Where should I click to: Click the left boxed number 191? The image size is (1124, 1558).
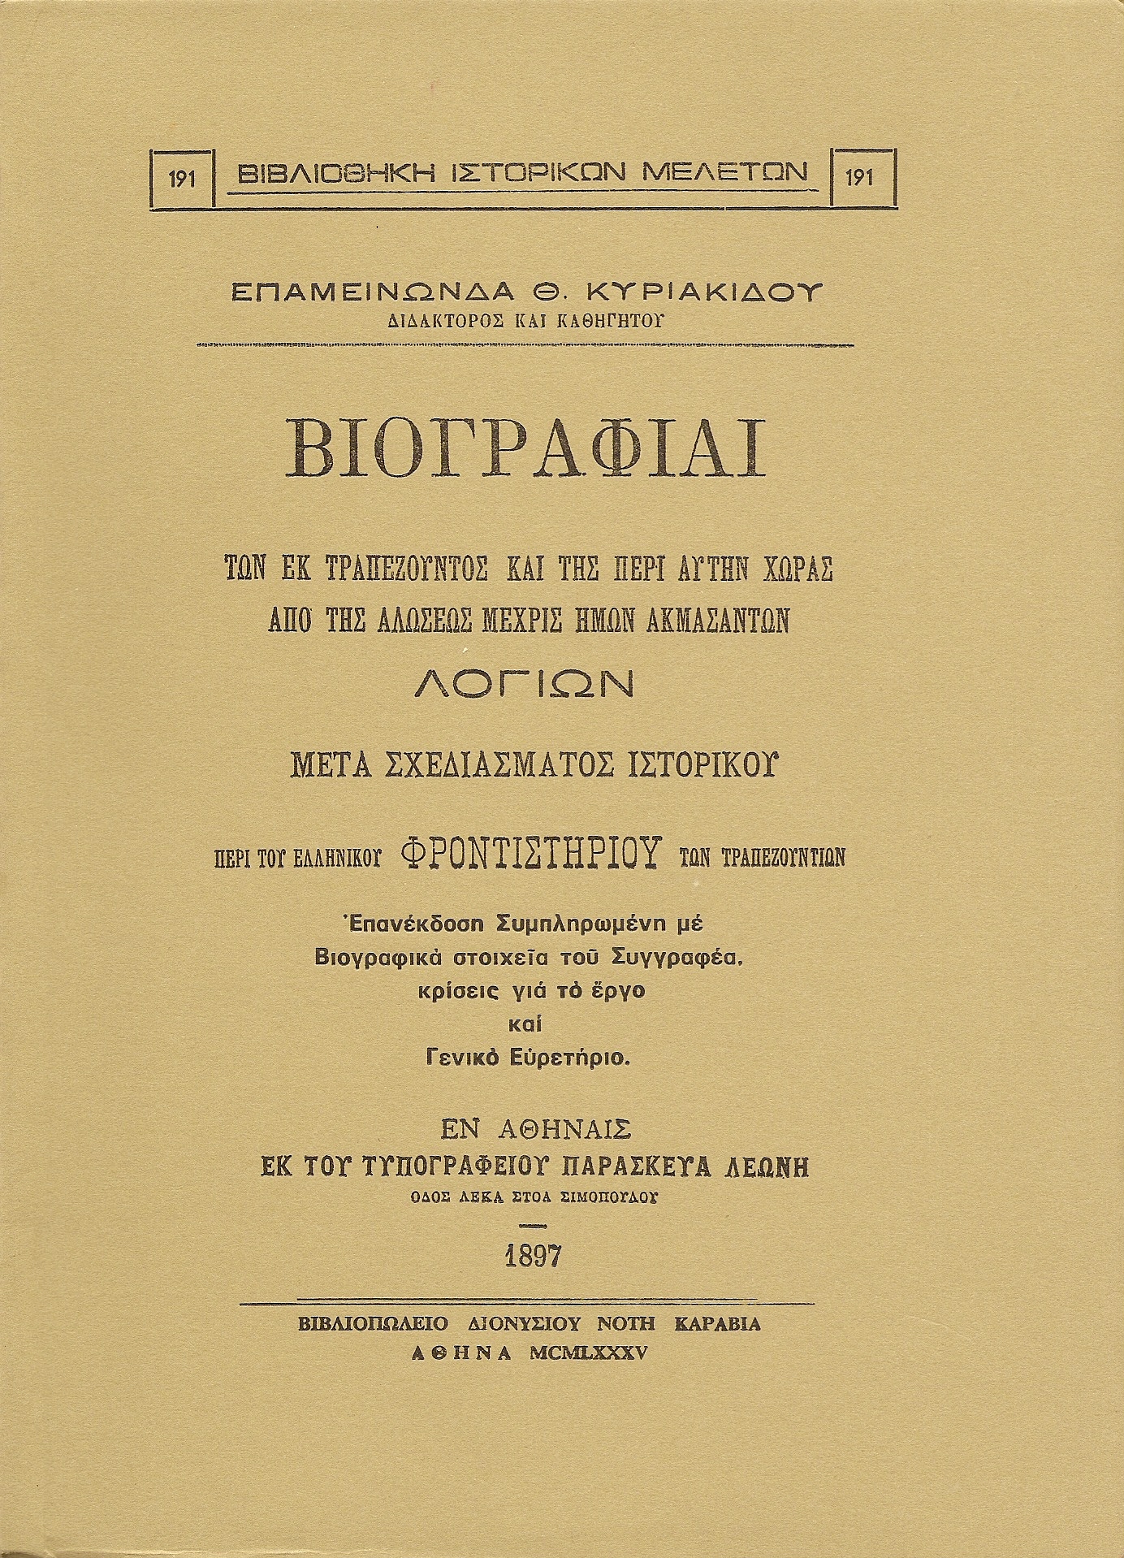click(183, 178)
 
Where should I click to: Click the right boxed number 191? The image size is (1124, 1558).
click(858, 178)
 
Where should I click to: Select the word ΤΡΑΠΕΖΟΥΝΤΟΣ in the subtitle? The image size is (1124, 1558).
click(391, 569)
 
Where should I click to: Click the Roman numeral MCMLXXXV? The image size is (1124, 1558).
click(586, 1352)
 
